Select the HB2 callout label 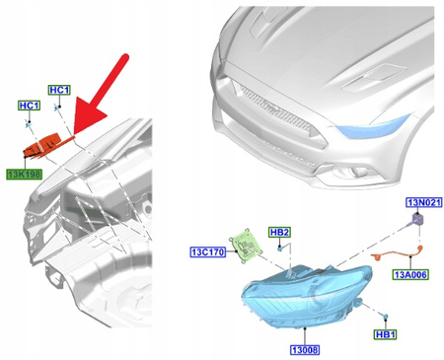280,233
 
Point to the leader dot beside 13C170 230,252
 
